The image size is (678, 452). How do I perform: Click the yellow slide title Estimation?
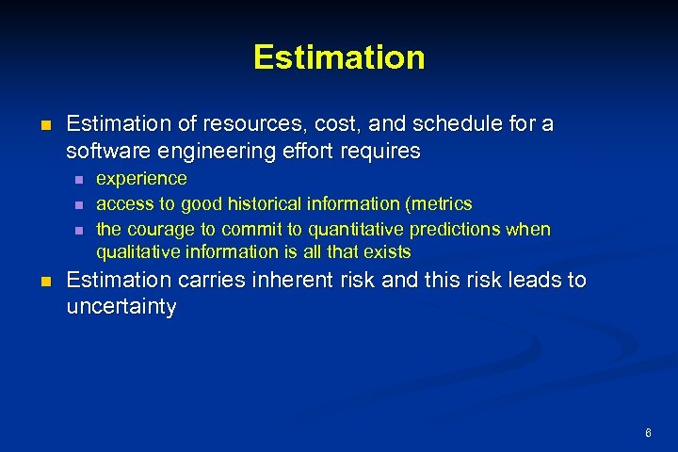tap(339, 57)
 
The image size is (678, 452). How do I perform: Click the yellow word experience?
tap(141, 178)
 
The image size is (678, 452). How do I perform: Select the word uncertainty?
tap(121, 307)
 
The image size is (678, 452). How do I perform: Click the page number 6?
tap(649, 432)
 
